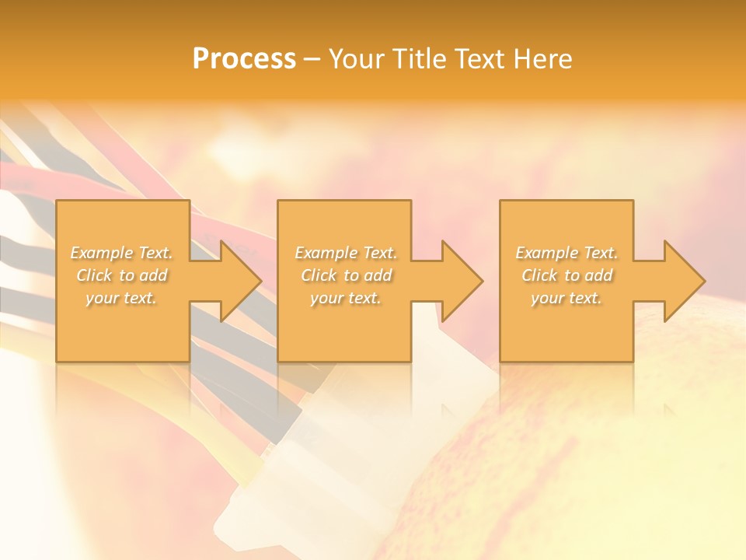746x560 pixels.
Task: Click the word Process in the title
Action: [x=244, y=59]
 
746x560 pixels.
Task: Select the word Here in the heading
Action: [x=542, y=59]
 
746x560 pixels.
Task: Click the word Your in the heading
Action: [x=357, y=59]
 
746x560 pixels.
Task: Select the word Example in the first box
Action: [x=102, y=253]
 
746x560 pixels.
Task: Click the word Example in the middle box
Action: [x=326, y=253]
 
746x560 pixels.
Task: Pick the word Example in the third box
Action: [x=546, y=253]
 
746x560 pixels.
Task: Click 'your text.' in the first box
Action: [x=121, y=298]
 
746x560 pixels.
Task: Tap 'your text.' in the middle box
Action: [x=345, y=298]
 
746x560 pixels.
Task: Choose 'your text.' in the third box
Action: [x=566, y=298]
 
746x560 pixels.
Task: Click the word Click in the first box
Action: [x=94, y=275]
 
